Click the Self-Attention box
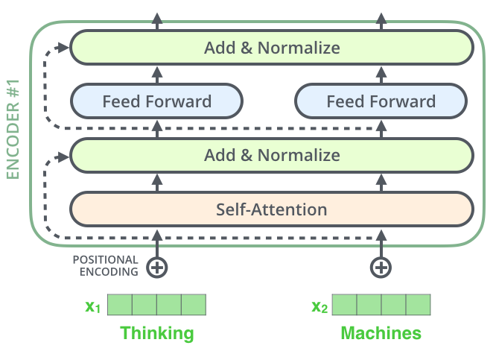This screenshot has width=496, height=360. pyautogui.click(x=272, y=209)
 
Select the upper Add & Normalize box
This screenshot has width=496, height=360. pyautogui.click(x=272, y=48)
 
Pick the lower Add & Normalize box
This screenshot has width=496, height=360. pyautogui.click(x=272, y=156)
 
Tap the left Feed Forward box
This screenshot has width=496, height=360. pyautogui.click(x=156, y=101)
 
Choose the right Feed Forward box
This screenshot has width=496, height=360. pyautogui.click(x=381, y=101)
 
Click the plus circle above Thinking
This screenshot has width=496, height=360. pyautogui.click(x=156, y=267)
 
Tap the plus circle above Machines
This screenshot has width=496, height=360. pyautogui.click(x=381, y=267)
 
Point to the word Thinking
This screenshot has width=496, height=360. pyautogui.click(x=157, y=332)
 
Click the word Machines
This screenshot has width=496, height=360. pyautogui.click(x=381, y=332)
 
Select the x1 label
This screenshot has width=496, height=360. pyautogui.click(x=93, y=306)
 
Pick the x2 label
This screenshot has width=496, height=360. pyautogui.click(x=319, y=306)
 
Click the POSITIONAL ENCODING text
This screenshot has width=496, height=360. pyautogui.click(x=105, y=265)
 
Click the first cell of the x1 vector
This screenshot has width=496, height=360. pyautogui.click(x=120, y=305)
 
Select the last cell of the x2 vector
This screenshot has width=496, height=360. pyautogui.click(x=419, y=305)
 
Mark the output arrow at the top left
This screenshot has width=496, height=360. pyautogui.click(x=156, y=20)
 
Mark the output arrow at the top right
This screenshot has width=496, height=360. pyautogui.click(x=381, y=20)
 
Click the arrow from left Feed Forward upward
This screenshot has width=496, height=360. pyautogui.click(x=156, y=74)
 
